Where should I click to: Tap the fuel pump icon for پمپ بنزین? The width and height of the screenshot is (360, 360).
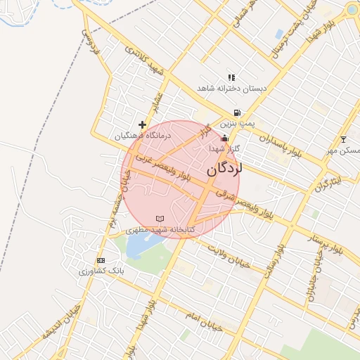tap(237, 112)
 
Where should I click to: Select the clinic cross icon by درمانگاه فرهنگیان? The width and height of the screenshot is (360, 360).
tap(142, 124)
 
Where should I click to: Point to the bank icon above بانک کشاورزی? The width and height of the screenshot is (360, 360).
tap(101, 260)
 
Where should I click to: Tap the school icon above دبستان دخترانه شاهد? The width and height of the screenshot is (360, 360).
tap(231, 78)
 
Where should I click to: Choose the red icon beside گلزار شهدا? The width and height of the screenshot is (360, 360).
tap(224, 138)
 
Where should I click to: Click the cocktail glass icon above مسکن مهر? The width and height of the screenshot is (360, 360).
tap(343, 139)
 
